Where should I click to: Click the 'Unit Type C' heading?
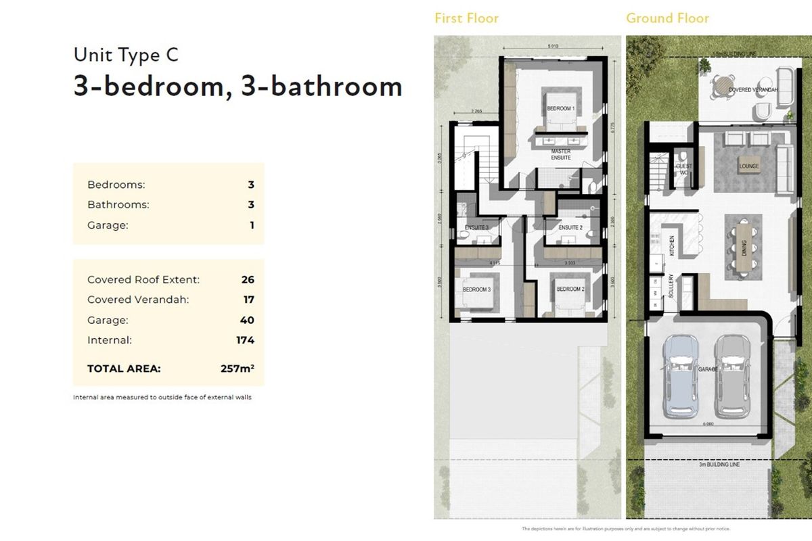[126, 55]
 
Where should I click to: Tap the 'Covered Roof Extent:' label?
[143, 279]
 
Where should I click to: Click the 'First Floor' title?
[466, 18]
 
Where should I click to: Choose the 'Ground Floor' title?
[667, 18]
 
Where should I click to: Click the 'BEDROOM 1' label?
[560, 108]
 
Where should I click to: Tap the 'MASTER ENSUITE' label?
[561, 154]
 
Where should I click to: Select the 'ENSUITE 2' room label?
[570, 228]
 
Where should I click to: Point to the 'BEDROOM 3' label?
[476, 289]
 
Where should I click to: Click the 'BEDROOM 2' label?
[570, 289]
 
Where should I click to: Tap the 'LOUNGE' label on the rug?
[749, 166]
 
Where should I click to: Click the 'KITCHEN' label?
[672, 244]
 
